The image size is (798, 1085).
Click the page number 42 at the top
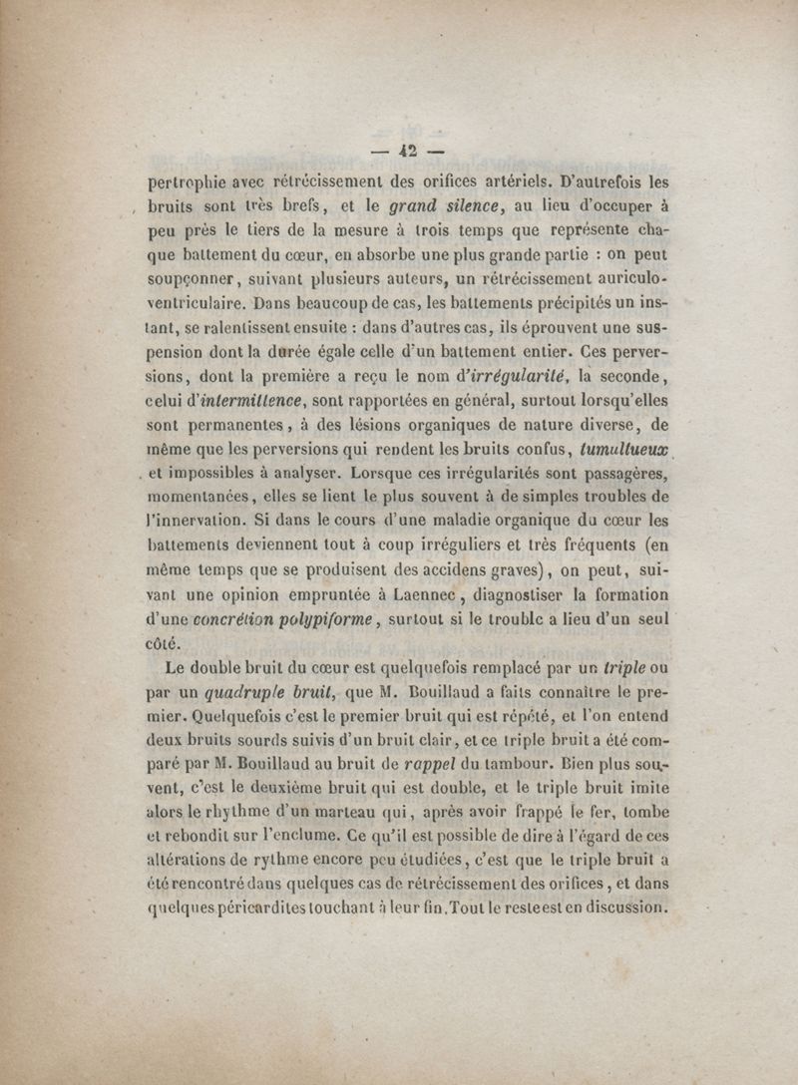[x=406, y=153]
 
